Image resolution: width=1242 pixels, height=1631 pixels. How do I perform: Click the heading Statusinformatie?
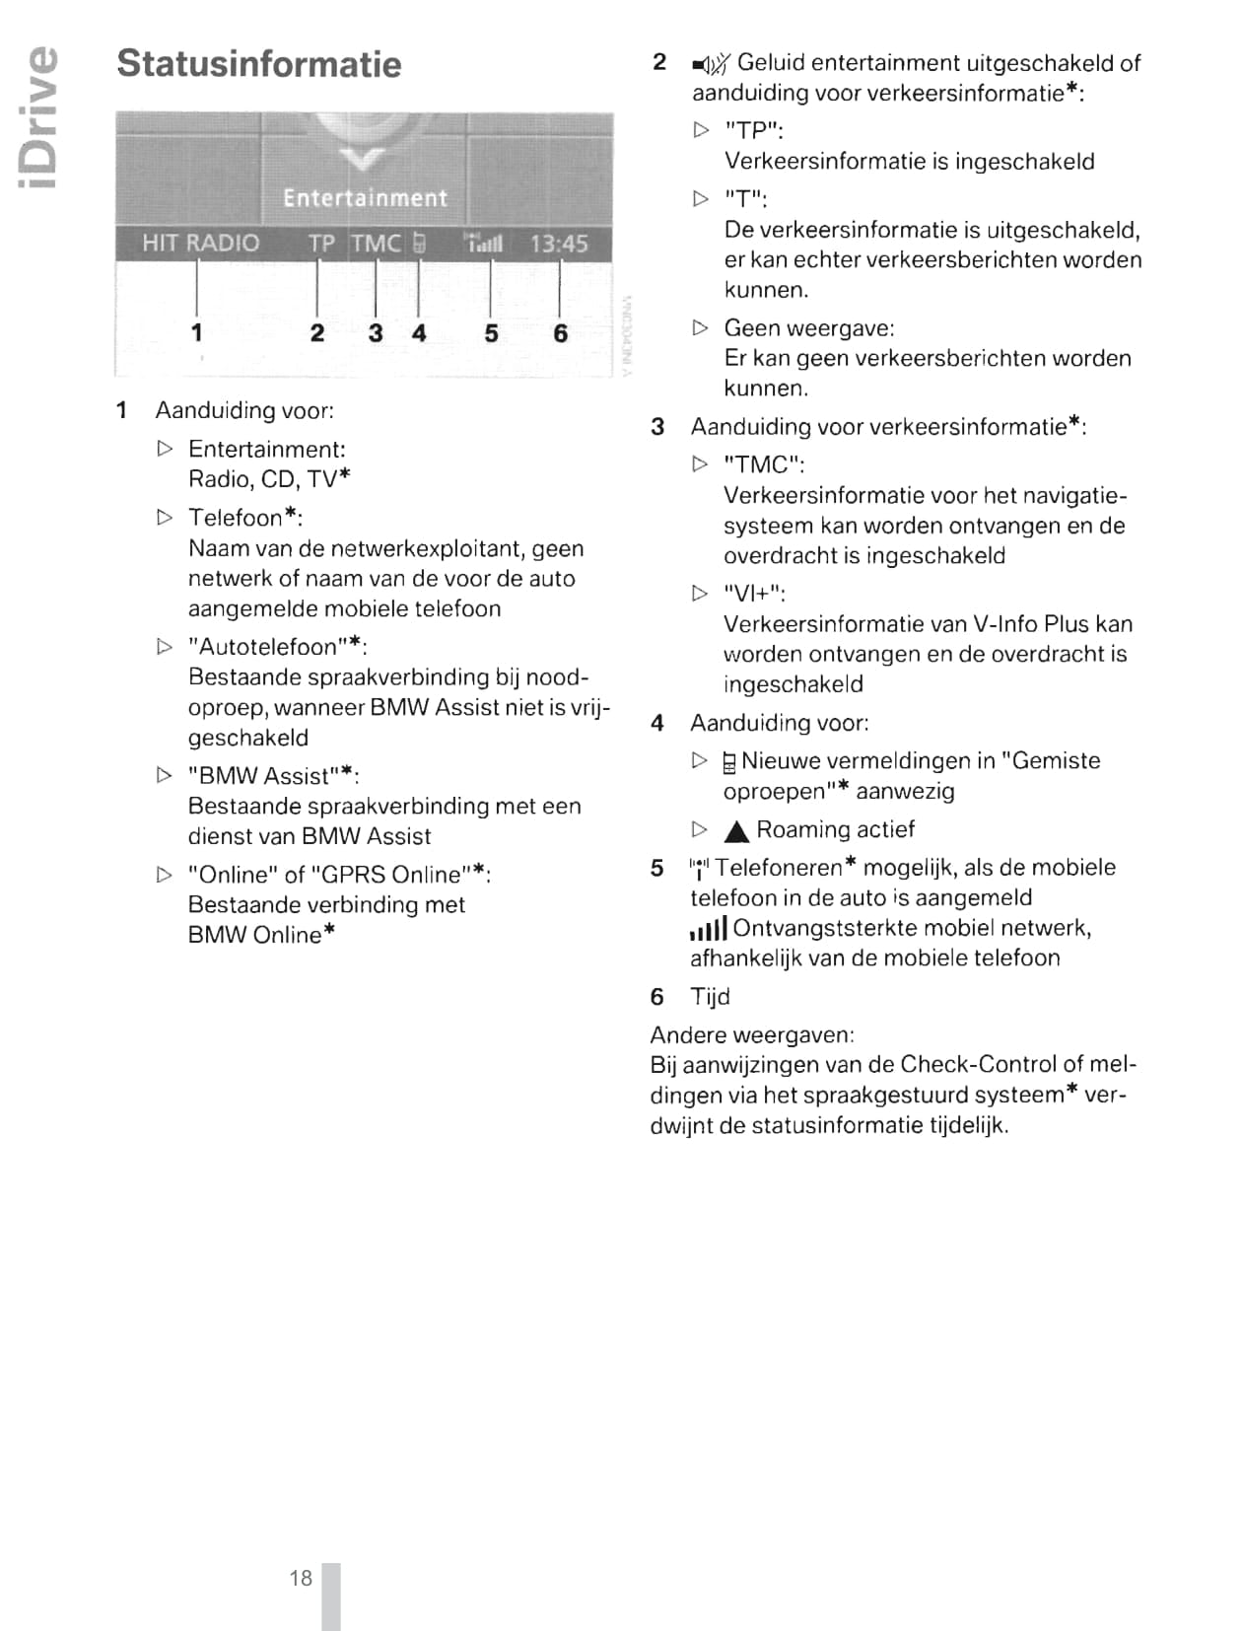click(259, 64)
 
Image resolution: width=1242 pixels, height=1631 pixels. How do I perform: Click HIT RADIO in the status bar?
click(200, 244)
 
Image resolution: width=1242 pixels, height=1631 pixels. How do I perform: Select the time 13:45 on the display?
click(559, 244)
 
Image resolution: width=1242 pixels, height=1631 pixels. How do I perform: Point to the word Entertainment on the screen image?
click(365, 198)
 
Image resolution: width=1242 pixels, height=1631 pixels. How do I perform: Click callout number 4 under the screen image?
click(419, 333)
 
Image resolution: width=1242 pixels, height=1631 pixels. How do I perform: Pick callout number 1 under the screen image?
click(197, 332)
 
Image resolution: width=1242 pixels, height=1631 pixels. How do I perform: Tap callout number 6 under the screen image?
click(560, 333)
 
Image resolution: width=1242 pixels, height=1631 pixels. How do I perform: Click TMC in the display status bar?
click(377, 244)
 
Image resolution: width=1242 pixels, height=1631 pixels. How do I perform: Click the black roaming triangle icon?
click(736, 831)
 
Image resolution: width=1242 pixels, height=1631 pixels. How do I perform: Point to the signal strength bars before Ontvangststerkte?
click(709, 929)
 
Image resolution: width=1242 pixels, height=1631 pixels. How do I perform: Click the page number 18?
click(301, 1578)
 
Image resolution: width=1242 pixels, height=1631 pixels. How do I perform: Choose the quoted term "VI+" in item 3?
click(754, 594)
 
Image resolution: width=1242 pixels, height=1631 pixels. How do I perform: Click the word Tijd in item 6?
click(710, 997)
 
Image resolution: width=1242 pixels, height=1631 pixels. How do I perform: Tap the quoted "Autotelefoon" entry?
click(277, 647)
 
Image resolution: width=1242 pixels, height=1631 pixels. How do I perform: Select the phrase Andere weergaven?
click(752, 1035)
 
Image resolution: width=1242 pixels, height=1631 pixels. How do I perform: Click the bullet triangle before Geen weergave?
click(701, 327)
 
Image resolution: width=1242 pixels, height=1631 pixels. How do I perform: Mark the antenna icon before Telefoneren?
click(699, 869)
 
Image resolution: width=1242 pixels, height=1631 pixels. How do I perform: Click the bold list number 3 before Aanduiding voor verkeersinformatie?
click(657, 427)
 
